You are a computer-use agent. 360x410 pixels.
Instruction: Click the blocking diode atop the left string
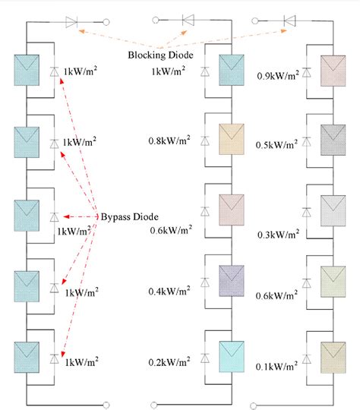click(72, 21)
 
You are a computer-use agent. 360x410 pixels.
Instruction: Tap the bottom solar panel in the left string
click(28, 355)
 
